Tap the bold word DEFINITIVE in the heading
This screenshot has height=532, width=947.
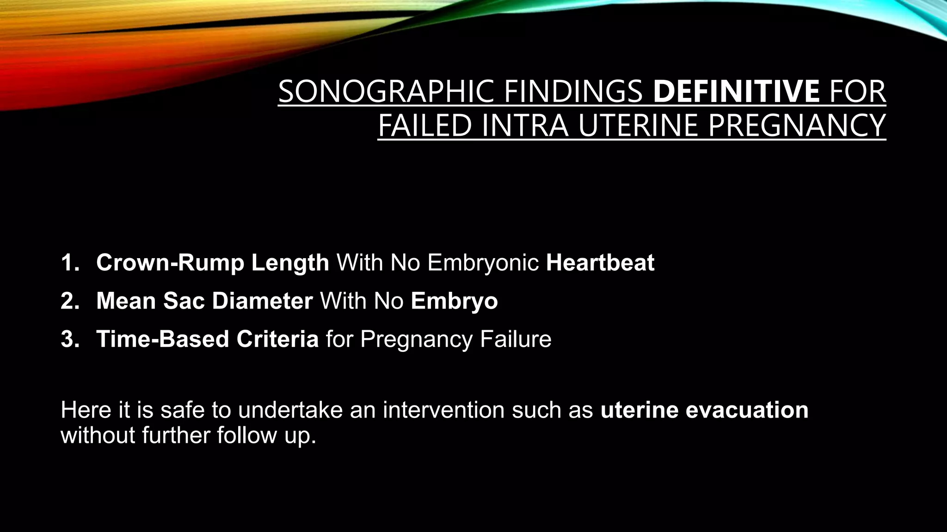click(736, 91)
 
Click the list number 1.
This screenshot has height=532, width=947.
click(70, 263)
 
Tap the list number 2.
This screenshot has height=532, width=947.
click(70, 301)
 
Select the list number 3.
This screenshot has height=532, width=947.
click(70, 339)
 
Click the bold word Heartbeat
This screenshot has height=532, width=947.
click(600, 263)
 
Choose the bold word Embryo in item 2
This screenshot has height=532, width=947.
click(454, 301)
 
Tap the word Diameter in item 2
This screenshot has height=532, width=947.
click(262, 301)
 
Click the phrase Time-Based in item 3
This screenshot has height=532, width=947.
click(163, 339)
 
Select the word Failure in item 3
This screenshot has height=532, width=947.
click(516, 339)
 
